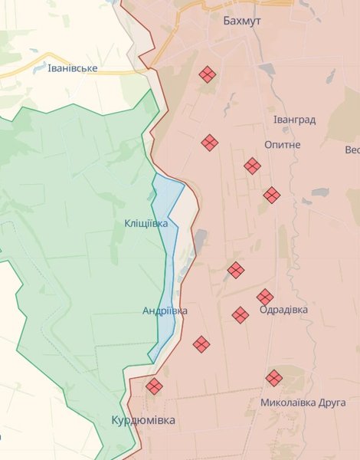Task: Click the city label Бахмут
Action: coord(241,21)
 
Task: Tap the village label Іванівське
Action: coord(72,68)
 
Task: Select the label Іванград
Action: coord(294,120)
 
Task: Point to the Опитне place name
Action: coord(282,145)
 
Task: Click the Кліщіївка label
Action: coord(146,223)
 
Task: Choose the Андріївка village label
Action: coord(165,311)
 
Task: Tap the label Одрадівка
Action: coord(284,310)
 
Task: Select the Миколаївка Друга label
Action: coord(303,402)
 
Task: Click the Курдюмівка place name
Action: coord(143,421)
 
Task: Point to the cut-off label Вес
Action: coord(352,149)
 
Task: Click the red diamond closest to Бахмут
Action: coord(207,74)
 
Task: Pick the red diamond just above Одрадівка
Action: coord(265,297)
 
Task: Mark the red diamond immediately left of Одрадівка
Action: coord(241,315)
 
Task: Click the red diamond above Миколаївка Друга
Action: coord(274,378)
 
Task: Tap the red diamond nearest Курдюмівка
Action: coord(154,386)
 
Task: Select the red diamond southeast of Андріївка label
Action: coord(201,344)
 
